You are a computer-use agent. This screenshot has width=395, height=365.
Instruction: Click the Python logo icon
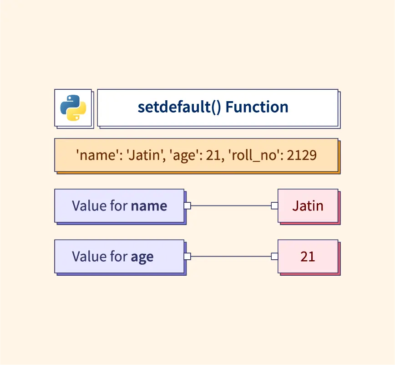(73, 108)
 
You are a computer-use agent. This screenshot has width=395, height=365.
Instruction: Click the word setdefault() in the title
(179, 107)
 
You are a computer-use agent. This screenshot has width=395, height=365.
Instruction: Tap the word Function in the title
(257, 107)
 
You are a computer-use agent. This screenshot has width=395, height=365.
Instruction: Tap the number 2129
(302, 155)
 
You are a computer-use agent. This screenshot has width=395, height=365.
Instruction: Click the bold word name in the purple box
(149, 206)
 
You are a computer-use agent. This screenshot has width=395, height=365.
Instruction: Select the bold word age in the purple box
(142, 257)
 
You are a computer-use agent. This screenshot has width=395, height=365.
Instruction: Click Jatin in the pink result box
(308, 206)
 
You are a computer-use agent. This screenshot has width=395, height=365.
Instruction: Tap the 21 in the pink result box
(308, 257)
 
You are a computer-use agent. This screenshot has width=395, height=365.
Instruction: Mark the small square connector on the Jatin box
(274, 206)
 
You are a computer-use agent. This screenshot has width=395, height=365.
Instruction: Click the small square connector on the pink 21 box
(274, 257)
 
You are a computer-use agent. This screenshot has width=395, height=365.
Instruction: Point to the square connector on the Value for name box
(187, 206)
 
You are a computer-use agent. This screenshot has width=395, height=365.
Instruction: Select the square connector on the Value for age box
(187, 257)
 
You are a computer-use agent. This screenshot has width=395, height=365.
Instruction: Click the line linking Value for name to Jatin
(231, 206)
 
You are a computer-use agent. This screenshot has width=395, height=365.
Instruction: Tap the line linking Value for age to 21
(231, 257)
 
